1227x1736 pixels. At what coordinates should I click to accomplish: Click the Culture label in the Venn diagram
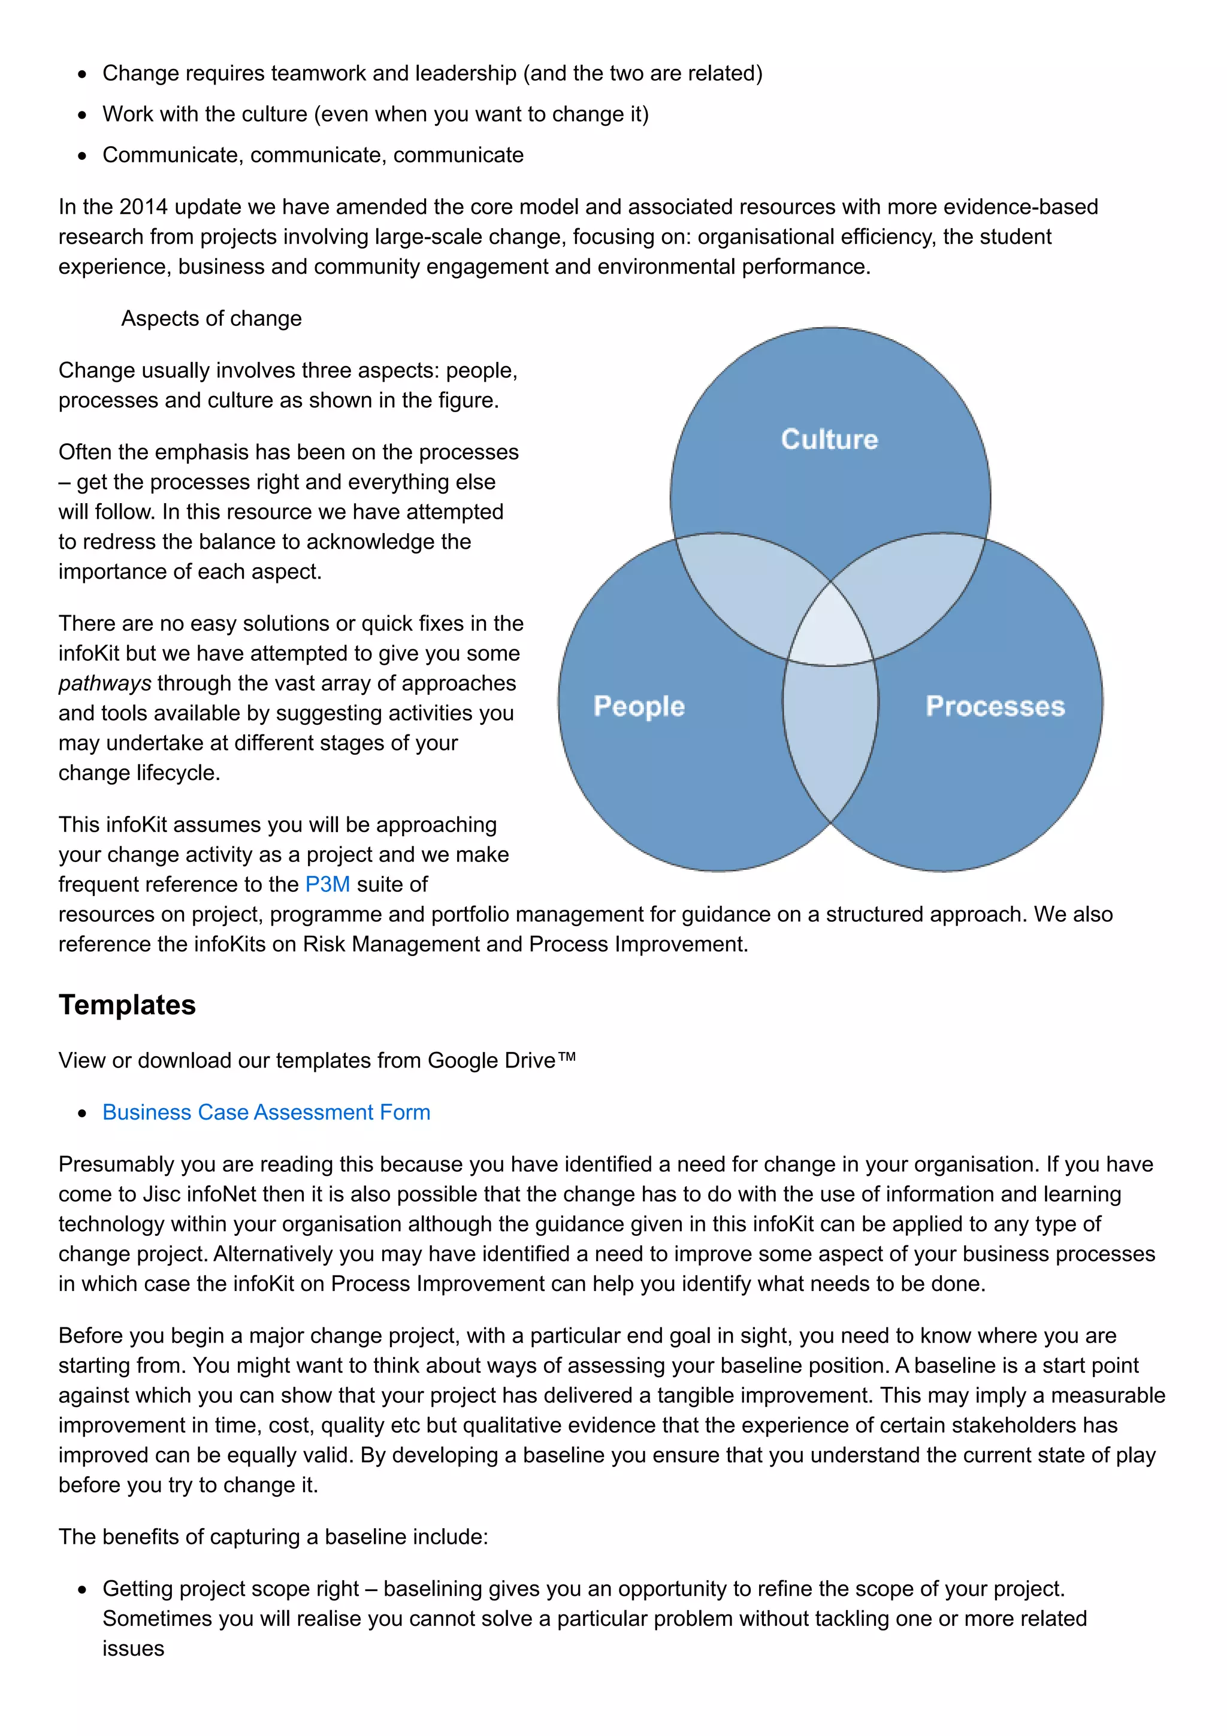829,439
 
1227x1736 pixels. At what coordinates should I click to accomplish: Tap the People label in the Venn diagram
639,706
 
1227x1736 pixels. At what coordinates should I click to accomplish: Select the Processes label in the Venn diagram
995,706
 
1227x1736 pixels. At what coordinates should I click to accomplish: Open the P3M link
327,884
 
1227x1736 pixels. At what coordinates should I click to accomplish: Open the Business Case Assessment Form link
266,1112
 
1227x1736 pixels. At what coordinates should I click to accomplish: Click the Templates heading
127,1005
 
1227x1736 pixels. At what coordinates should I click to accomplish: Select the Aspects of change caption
211,318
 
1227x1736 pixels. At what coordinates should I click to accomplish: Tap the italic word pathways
105,683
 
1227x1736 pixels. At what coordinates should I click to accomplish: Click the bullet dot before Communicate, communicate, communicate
83,156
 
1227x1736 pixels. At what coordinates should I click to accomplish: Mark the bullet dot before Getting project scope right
83,1590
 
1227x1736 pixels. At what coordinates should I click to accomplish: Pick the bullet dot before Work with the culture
83,116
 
